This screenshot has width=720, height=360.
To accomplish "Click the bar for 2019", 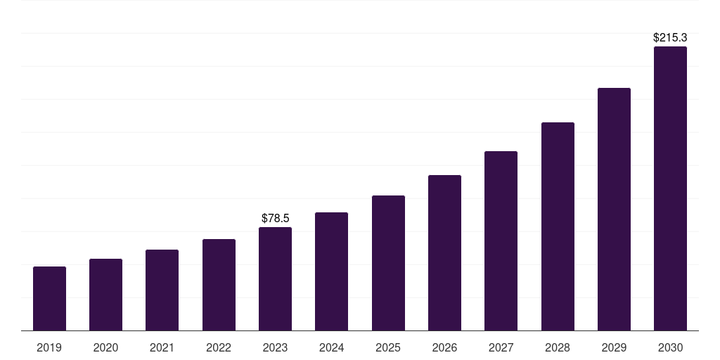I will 49,299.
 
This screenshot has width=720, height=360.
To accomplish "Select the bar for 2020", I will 105,295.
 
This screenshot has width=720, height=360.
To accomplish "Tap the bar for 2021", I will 162,290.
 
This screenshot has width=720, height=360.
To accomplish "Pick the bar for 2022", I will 219,285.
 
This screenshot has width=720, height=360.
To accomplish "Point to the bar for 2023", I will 275,279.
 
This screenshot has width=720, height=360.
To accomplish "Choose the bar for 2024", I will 331,271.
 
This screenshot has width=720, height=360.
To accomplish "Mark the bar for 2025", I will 388,263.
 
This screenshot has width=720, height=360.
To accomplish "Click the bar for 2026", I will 444,253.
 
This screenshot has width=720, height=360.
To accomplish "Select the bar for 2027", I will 501,241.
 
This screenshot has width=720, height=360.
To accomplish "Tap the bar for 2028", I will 558,226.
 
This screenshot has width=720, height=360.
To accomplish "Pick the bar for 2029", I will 614,210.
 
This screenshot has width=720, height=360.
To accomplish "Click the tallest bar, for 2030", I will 670,188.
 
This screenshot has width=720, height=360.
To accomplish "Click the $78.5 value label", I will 275,219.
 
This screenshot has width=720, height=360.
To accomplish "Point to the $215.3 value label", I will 670,37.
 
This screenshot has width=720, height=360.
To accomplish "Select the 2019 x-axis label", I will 49,347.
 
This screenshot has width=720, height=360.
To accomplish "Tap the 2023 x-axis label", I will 275,347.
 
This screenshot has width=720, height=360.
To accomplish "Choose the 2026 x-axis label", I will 444,347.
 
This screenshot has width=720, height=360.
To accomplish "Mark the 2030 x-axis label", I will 670,347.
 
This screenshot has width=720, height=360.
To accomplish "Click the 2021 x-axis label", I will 162,347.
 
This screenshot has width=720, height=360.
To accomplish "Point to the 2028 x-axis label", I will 558,347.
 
